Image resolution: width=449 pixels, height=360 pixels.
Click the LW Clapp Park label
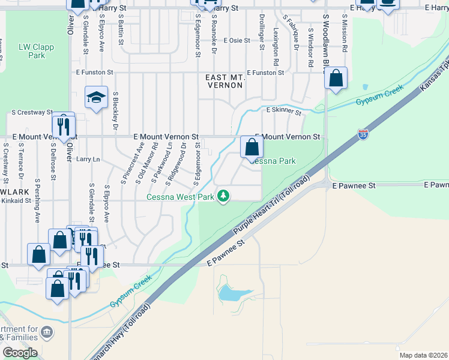pos(32,51)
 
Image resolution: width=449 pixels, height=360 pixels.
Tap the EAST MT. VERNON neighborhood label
pos(224,82)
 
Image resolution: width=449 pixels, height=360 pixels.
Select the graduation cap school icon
pos(96,99)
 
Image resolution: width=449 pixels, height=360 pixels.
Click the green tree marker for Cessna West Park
pos(223,196)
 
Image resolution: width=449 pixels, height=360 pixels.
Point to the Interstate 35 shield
pos(363,134)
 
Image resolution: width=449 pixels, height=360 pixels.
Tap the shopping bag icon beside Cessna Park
pos(252,147)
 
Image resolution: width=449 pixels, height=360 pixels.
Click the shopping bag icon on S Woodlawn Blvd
pos(336,78)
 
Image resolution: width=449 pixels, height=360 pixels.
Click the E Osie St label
pos(237,41)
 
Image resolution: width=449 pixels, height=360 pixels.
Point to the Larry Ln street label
pos(88,160)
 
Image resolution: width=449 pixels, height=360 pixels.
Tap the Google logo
pos(19,353)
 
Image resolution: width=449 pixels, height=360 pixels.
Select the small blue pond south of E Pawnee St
pos(231,293)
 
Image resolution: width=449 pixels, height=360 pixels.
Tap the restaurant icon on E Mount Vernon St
pos(63,125)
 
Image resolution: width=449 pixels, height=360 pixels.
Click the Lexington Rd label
pos(276,47)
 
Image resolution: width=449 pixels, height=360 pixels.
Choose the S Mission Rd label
pos(345,32)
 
